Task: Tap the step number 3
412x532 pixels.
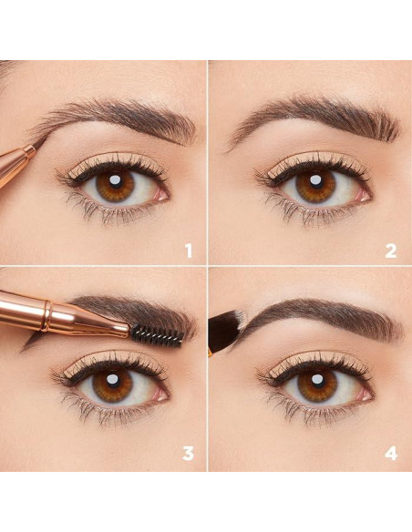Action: coord(188,453)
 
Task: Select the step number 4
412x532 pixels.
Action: coord(390,453)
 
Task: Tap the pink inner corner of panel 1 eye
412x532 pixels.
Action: coord(162,193)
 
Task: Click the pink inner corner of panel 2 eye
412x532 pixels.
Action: coord(364,194)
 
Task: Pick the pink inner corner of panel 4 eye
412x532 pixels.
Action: coord(364,393)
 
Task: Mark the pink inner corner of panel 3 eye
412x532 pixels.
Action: coord(162,393)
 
